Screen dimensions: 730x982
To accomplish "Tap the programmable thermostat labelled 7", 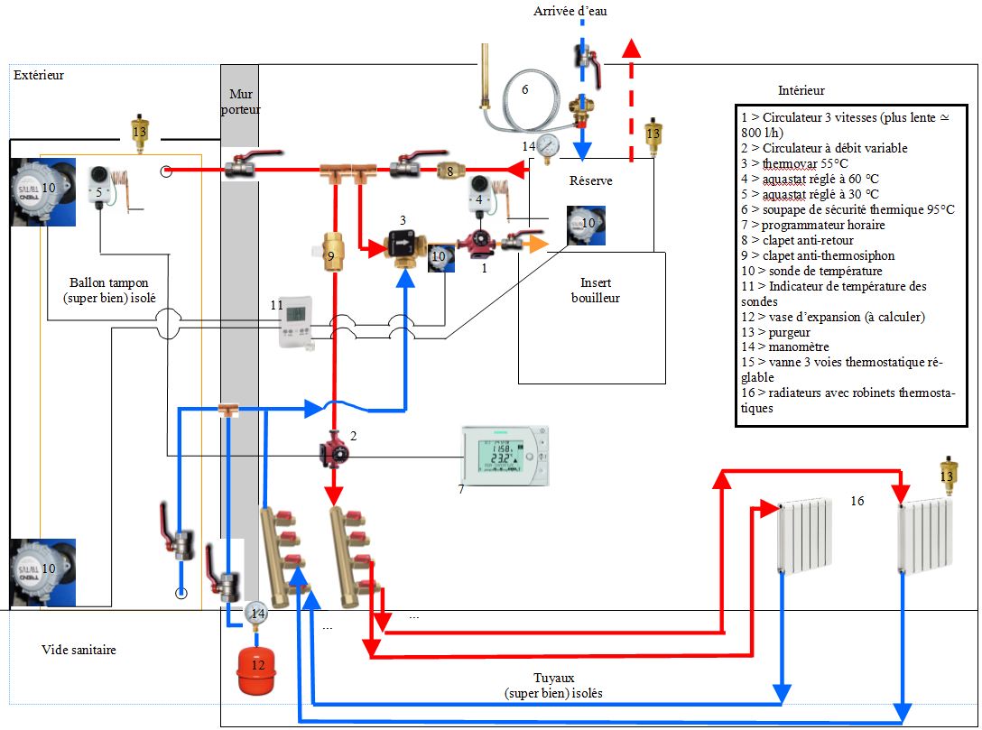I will [x=504, y=456].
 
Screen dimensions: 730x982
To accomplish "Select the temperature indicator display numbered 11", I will [x=296, y=322].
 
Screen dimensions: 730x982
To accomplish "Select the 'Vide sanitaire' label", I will [x=79, y=650].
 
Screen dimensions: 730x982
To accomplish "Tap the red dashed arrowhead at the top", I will [x=633, y=50].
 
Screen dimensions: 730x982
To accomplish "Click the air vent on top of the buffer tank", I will [x=139, y=128].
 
